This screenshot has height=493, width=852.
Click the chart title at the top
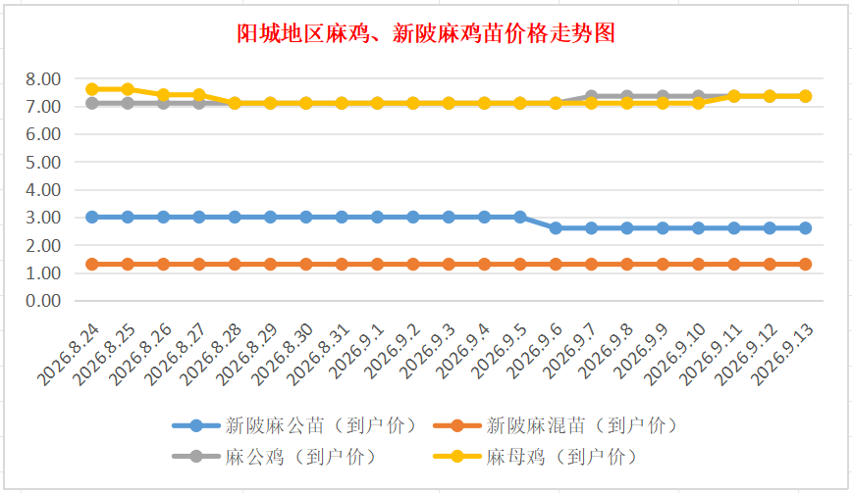tap(426, 33)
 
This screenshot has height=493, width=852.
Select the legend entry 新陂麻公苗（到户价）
tap(293, 425)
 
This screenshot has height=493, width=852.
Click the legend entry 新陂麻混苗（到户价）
tap(555, 425)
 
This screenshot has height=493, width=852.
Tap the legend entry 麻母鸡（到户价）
tap(535, 457)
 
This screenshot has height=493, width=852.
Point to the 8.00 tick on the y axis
tap(43, 79)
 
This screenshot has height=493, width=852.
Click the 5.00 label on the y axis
tap(43, 162)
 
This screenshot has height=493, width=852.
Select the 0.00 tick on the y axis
tap(43, 301)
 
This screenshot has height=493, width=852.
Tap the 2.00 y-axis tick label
tap(43, 245)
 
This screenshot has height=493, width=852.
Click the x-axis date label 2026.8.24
tap(69, 355)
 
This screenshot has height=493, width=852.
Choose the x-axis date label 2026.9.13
tap(782, 355)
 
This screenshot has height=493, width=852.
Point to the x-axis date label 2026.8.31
tap(318, 355)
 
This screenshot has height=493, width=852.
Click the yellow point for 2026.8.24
tap(92, 89)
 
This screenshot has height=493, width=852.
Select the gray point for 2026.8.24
tap(92, 103)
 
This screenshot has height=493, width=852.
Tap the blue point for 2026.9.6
tap(556, 228)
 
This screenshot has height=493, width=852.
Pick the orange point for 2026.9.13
tap(805, 264)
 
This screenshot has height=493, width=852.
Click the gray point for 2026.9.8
tap(627, 96)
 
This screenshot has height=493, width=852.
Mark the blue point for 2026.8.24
tap(92, 217)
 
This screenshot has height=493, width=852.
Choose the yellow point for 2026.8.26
tap(163, 95)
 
